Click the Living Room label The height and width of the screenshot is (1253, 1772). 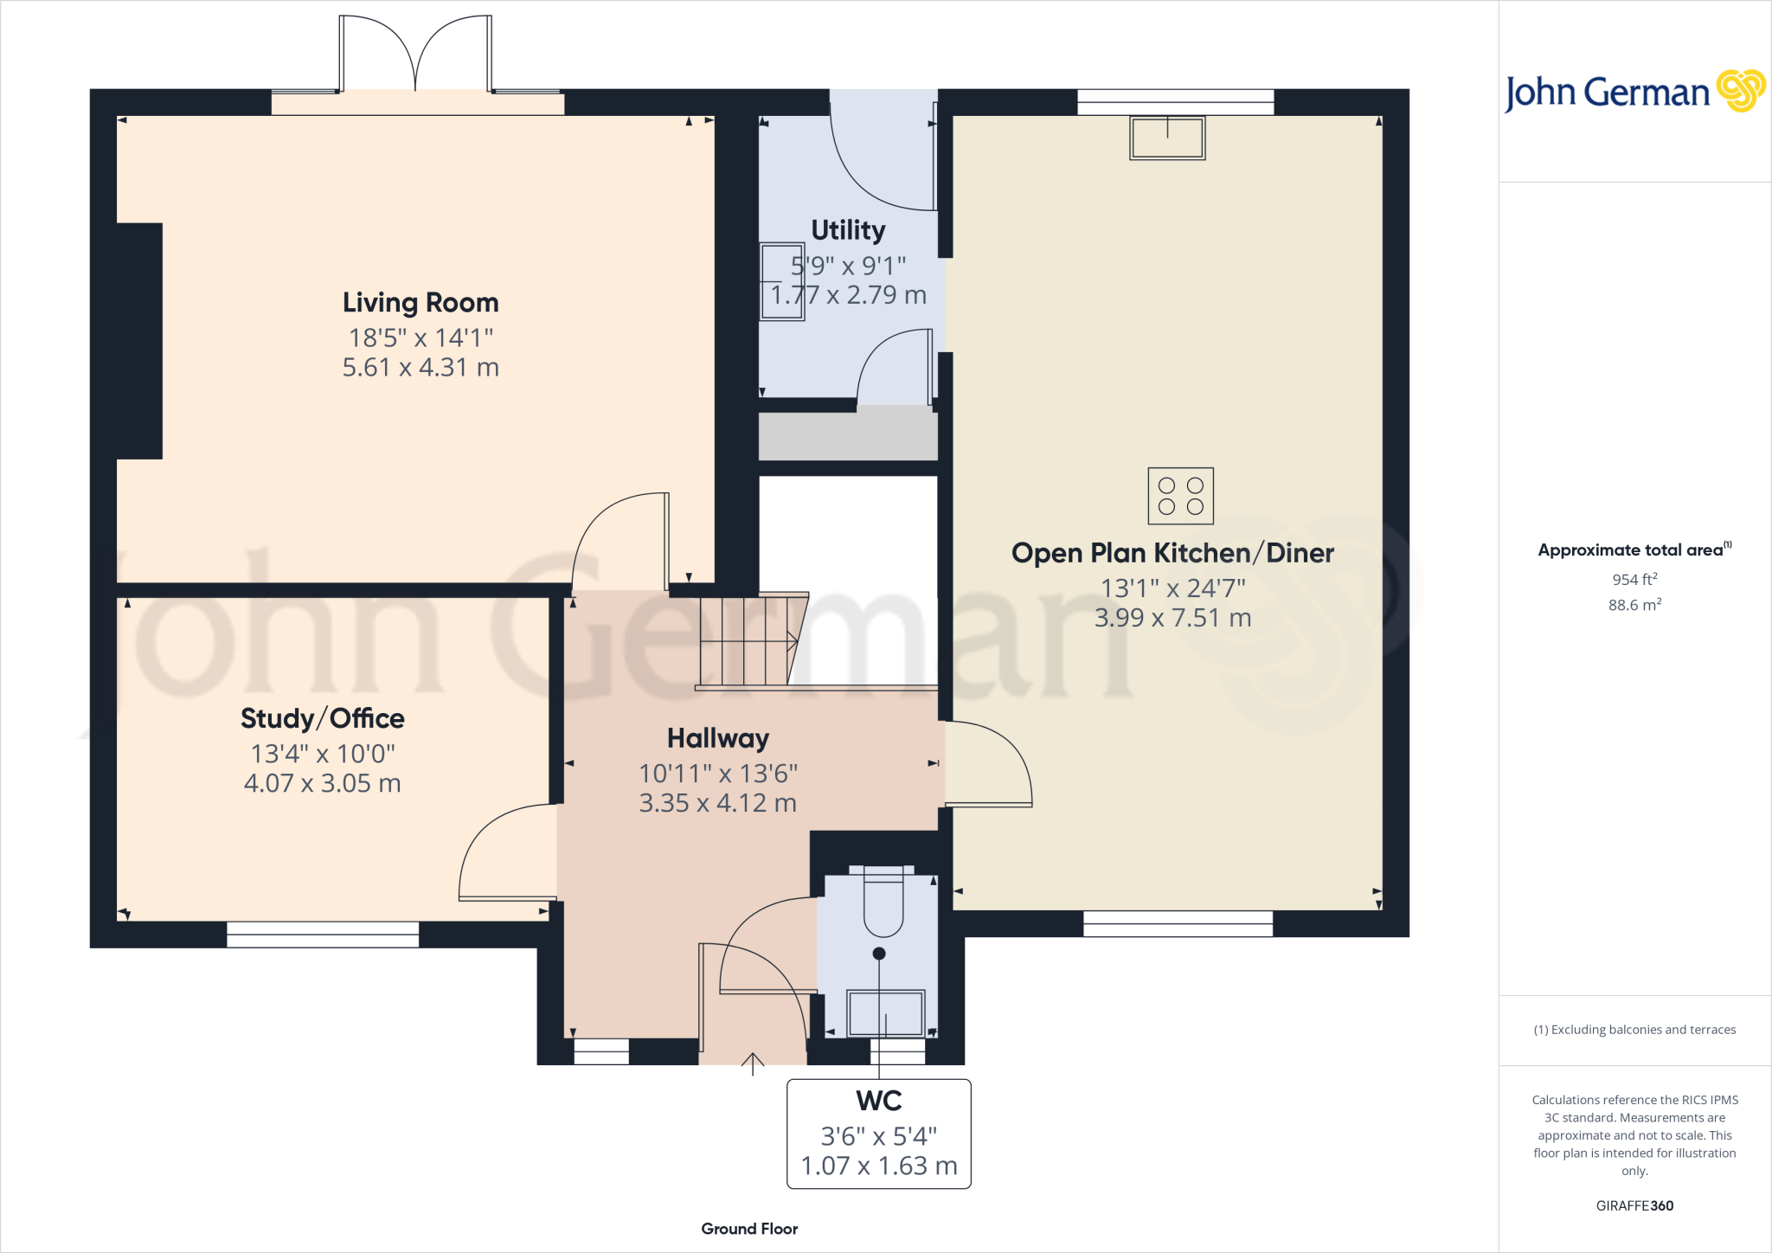click(x=421, y=303)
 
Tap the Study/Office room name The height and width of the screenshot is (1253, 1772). click(x=322, y=718)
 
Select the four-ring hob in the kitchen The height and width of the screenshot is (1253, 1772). click(x=1180, y=496)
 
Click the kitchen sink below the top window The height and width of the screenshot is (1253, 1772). click(x=1167, y=138)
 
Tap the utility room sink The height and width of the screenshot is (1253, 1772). click(x=780, y=282)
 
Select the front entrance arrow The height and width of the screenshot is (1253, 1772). click(x=753, y=1063)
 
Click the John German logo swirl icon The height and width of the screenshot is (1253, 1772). click(x=1740, y=91)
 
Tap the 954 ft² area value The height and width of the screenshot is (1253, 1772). click(x=1634, y=579)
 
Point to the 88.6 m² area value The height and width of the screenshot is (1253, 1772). click(x=1634, y=605)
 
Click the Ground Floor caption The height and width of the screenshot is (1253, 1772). click(x=749, y=1229)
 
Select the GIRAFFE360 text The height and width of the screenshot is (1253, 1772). click(x=1634, y=1205)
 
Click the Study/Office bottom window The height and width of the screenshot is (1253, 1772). click(x=323, y=935)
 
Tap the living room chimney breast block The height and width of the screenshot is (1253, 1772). click(x=138, y=341)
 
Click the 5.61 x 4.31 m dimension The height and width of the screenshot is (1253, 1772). click(x=421, y=368)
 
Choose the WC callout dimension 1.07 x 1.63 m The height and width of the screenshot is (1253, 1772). click(x=879, y=1166)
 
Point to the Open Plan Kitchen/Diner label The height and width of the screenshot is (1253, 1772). click(x=1172, y=553)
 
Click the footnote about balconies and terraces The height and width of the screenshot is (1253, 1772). click(x=1634, y=1030)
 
